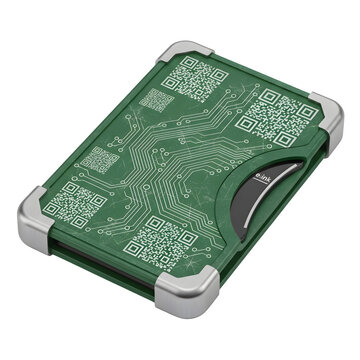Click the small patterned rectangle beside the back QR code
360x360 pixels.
158,100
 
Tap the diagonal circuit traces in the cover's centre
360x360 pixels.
180,160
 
